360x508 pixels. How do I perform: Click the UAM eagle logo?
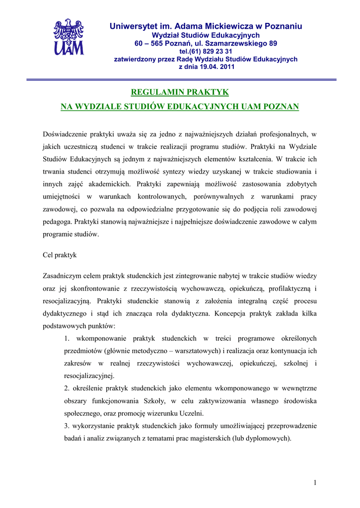pos(69,37)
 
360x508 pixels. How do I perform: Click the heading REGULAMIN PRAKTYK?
pos(179,92)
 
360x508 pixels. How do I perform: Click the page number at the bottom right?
pos(315,482)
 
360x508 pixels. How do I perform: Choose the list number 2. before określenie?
pos(67,388)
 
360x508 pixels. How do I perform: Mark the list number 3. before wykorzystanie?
pos(67,426)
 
